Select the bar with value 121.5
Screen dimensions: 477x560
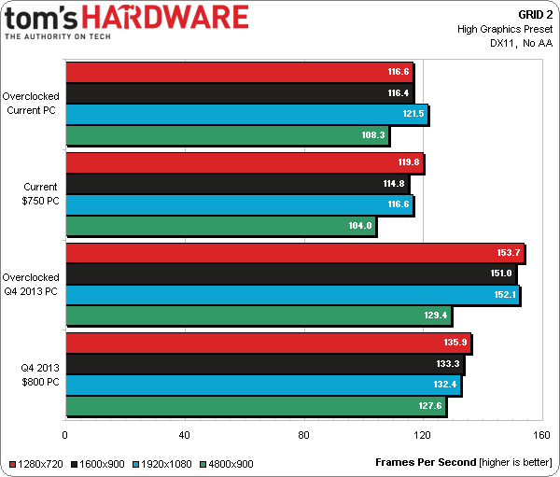246,115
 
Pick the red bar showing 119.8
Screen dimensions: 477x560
244,162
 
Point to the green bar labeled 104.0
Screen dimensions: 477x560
220,225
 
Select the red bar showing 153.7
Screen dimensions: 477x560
294,253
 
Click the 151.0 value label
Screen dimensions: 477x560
501,274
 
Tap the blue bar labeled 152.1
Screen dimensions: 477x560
292,295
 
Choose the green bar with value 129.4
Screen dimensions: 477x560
258,316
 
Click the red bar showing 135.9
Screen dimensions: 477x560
268,343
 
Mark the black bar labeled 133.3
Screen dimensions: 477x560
264,364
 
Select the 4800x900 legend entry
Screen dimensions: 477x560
229,463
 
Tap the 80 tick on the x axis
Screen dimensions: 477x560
303,436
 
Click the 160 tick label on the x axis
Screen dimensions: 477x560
541,436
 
